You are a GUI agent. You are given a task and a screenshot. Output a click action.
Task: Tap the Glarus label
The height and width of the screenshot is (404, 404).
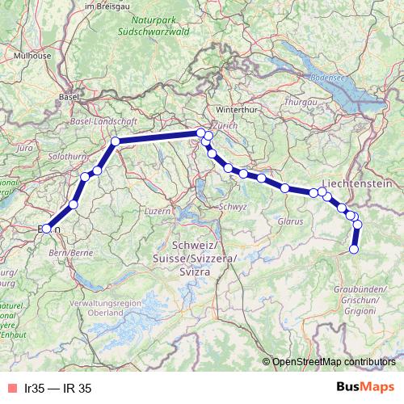288,221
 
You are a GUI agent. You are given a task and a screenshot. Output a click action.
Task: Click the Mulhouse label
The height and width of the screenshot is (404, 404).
32,56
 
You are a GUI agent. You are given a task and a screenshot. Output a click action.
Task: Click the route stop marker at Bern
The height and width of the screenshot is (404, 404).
46,229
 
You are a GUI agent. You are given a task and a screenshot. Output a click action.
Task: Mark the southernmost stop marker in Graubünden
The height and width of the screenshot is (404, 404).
353,250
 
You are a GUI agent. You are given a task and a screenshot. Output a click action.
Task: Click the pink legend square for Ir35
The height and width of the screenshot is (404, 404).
11,388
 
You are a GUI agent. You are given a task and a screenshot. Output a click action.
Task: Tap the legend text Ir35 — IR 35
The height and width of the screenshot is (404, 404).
58,388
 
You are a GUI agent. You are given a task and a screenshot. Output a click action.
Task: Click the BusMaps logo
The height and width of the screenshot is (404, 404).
365,387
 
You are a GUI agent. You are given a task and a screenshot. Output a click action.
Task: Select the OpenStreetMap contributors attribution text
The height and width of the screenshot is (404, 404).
334,362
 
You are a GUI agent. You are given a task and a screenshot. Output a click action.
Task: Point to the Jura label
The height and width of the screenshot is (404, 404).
24,149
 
